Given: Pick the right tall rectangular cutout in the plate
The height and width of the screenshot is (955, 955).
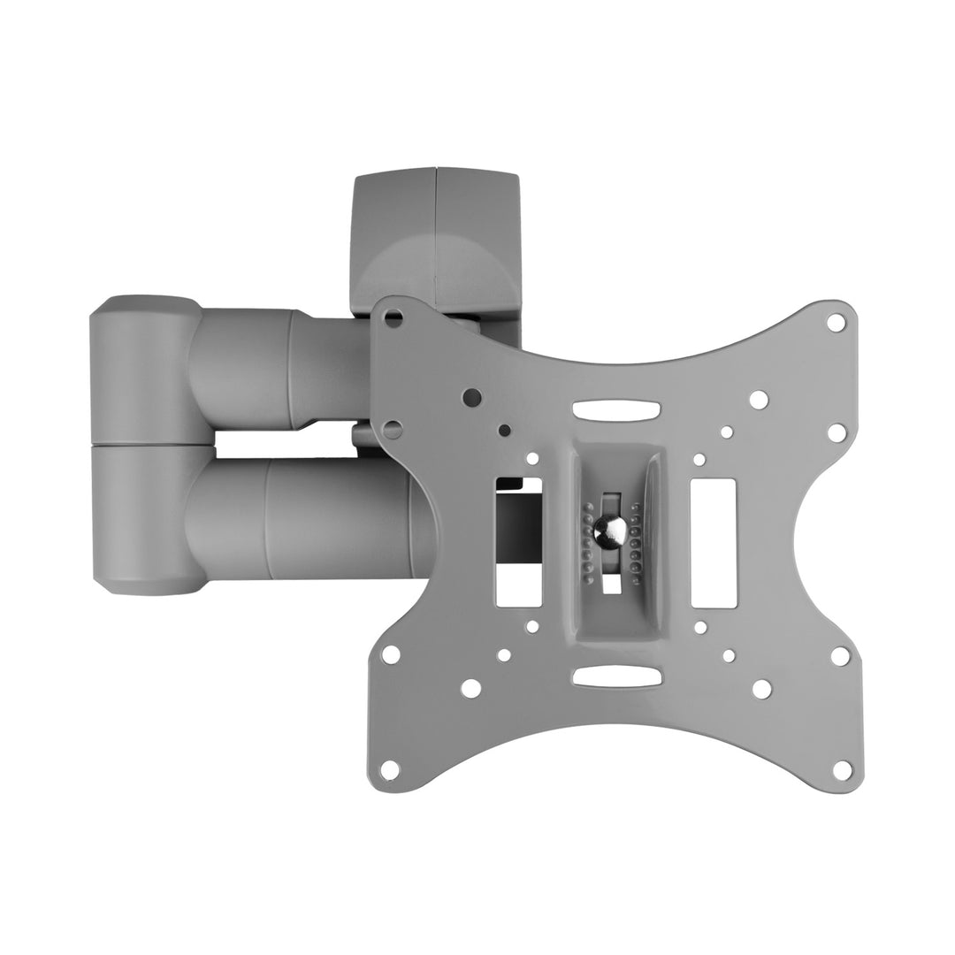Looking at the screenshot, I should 707,542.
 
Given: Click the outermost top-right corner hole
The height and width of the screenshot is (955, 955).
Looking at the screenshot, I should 835,323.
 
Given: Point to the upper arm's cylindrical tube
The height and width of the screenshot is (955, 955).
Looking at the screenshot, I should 283,367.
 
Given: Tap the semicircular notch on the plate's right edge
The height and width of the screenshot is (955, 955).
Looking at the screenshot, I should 818,541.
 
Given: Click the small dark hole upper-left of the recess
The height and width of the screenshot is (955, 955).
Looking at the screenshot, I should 504,432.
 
